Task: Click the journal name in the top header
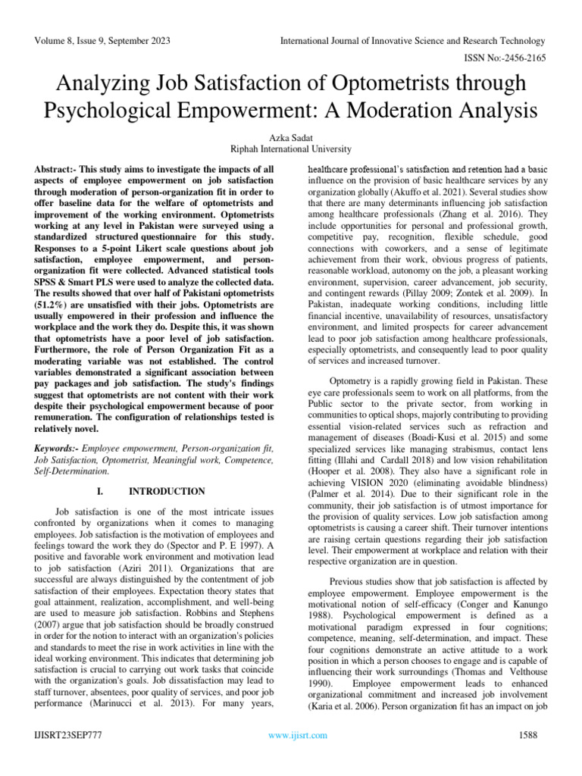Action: (x=412, y=40)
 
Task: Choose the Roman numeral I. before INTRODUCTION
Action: (x=103, y=491)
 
